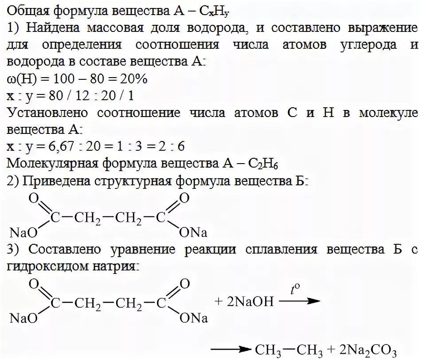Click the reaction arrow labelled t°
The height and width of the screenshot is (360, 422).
[x=299, y=301]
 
